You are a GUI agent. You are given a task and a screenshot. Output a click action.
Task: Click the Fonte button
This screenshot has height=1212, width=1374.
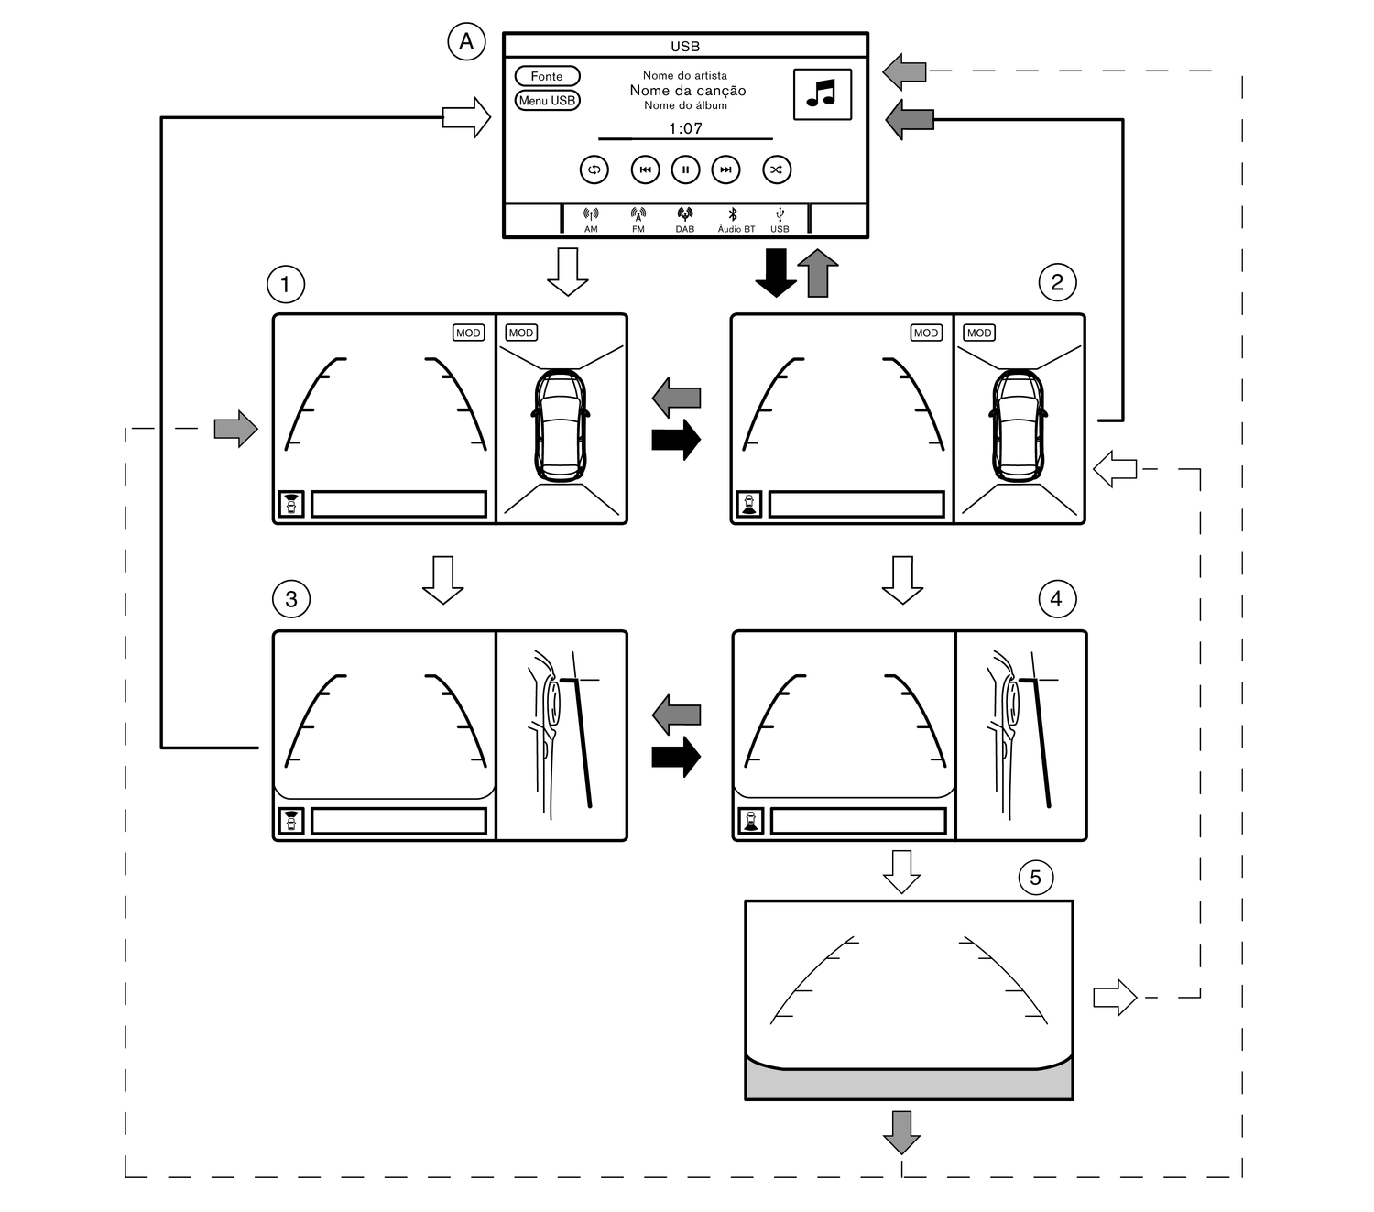547,76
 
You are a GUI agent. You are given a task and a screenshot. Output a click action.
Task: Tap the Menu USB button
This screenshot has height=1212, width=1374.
547,101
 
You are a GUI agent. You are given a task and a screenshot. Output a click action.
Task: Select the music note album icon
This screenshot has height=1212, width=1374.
822,93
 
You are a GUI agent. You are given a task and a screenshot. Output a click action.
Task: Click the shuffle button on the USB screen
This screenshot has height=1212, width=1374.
777,169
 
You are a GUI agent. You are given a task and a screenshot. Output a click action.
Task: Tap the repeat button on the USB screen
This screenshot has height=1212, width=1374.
594,169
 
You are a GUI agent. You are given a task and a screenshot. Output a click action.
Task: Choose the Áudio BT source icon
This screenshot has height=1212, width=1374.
735,220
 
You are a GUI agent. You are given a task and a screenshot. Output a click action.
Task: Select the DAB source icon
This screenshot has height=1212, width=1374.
685,220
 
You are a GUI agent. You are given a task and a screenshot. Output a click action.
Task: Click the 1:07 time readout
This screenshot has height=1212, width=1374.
685,128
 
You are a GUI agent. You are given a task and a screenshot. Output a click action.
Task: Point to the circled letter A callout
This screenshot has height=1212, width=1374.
466,41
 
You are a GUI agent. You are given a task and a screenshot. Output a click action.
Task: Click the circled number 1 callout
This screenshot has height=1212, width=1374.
285,284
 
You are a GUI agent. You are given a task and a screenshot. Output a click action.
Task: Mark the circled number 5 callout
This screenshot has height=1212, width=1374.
1035,878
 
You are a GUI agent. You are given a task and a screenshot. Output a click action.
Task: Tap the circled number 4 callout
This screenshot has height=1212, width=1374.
1056,599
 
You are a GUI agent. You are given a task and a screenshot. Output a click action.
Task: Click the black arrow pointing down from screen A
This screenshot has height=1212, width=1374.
776,273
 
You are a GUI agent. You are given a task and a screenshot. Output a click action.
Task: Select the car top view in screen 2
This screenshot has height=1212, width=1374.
1019,425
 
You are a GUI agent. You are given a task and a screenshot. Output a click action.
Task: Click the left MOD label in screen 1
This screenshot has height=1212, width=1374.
468,333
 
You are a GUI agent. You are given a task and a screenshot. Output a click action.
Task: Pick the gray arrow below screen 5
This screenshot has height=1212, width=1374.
901,1132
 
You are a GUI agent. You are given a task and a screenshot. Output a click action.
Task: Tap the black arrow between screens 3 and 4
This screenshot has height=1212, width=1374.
676,756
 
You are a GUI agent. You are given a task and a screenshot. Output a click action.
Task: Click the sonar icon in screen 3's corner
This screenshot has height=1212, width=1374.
291,821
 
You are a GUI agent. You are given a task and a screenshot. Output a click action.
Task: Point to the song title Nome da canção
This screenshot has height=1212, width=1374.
687,91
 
